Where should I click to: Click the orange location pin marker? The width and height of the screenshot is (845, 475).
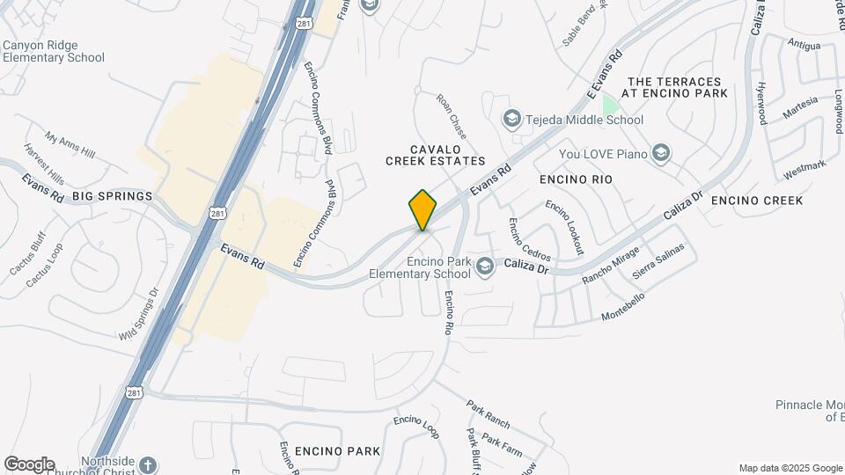pyautogui.click(x=422, y=209)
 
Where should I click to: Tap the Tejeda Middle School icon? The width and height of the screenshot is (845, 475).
pyautogui.click(x=511, y=119)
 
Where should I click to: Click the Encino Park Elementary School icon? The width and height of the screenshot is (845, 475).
pyautogui.click(x=484, y=266)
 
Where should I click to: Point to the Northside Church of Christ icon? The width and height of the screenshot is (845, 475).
pyautogui.click(x=148, y=465)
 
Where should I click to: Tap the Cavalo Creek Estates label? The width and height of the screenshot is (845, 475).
pyautogui.click(x=436, y=155)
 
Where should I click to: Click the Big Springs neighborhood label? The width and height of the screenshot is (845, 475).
pyautogui.click(x=113, y=195)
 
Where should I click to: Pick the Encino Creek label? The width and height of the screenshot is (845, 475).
pyautogui.click(x=757, y=201)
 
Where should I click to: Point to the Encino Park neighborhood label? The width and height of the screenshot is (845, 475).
pyautogui.click(x=338, y=451)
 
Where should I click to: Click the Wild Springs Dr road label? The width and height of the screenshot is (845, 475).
pyautogui.click(x=138, y=315)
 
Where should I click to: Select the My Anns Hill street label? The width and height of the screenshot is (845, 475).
pyautogui.click(x=70, y=146)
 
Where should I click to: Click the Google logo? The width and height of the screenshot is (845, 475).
pyautogui.click(x=29, y=464)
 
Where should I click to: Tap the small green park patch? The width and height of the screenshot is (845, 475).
pyautogui.click(x=609, y=105)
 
